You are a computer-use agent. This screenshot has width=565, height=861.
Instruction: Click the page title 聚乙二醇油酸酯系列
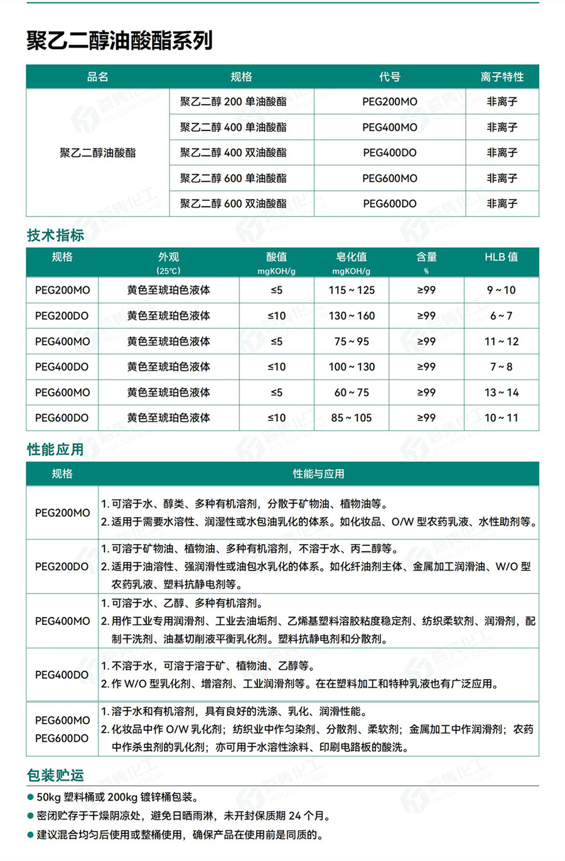click(x=119, y=41)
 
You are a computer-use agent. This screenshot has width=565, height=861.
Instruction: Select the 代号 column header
click(x=389, y=77)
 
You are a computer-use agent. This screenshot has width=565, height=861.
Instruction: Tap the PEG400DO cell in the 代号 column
click(x=389, y=152)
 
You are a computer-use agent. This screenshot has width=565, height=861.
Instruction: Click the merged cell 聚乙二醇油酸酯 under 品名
click(x=97, y=152)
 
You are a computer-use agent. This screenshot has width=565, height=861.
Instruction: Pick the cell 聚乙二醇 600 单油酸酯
click(x=233, y=178)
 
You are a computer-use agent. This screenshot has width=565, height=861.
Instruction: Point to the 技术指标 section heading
click(x=55, y=235)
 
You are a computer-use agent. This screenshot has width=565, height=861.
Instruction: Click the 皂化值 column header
click(x=351, y=257)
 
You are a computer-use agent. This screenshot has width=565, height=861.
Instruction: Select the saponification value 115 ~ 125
click(x=351, y=290)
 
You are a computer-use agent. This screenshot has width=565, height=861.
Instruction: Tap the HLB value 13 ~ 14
click(x=501, y=392)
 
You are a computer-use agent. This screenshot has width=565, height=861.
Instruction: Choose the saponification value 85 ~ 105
click(x=351, y=417)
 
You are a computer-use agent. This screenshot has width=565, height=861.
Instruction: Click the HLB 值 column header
click(x=501, y=257)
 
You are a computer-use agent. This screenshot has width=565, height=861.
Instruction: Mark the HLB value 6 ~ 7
click(x=501, y=316)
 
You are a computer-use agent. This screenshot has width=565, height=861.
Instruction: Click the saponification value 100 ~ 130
click(x=351, y=366)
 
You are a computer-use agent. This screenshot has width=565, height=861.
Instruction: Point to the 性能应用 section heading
click(x=55, y=449)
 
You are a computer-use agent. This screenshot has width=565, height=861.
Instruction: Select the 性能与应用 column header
click(x=318, y=474)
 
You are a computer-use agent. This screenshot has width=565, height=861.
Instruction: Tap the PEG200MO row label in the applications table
click(x=62, y=513)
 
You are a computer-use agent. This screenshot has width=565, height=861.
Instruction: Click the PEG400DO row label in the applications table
click(x=62, y=675)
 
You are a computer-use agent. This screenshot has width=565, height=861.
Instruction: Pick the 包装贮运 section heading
click(x=55, y=775)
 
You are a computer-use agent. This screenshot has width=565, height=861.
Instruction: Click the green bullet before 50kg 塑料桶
click(x=30, y=797)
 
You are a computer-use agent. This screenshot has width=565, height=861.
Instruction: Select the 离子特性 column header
click(x=502, y=77)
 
